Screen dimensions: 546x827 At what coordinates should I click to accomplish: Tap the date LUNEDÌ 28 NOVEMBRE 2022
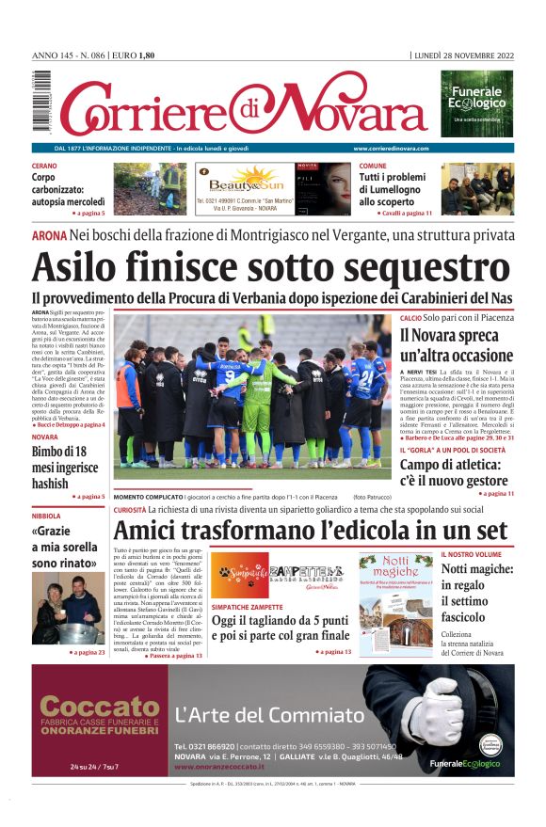(x=463, y=56)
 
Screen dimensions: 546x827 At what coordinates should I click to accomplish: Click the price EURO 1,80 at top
(x=135, y=56)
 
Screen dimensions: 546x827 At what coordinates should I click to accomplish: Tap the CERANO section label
(x=44, y=166)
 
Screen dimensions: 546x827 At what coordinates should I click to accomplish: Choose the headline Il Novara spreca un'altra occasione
(x=456, y=345)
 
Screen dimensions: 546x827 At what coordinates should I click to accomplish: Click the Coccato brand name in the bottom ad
(x=99, y=707)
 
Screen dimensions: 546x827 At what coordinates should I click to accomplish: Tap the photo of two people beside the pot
(x=68, y=609)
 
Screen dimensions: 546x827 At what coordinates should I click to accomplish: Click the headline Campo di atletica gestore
(x=453, y=472)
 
